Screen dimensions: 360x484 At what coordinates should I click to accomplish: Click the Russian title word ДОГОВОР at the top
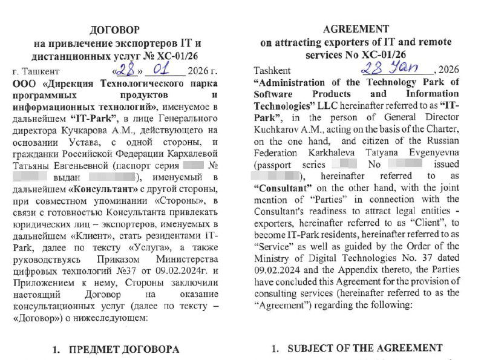pos(114,30)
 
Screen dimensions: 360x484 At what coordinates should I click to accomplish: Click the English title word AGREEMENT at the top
pos(356,28)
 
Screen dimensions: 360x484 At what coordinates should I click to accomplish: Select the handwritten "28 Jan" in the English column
pos(390,67)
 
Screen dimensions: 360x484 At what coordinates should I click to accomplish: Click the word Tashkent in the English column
pos(272,71)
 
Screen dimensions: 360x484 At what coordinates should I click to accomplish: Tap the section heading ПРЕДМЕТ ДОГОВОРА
pos(123,349)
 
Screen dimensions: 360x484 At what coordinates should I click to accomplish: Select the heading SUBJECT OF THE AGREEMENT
pos(365,348)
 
